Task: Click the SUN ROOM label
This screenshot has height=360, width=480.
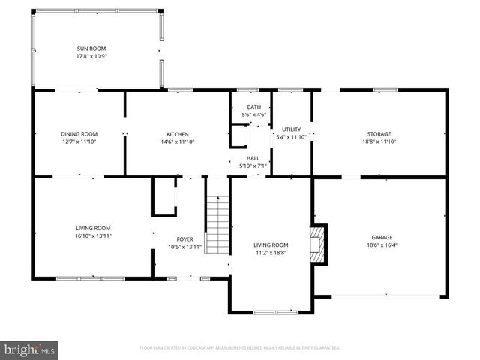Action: point(91,49)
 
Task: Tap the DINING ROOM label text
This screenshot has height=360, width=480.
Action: point(79,134)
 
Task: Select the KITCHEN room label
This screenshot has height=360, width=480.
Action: point(177,134)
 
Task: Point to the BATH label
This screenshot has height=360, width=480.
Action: point(254,107)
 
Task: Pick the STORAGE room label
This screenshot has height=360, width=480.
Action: point(379,134)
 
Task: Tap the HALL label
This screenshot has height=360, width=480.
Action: point(253,158)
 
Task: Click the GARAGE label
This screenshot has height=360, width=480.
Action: point(381,237)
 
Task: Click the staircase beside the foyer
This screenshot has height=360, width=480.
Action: point(217,224)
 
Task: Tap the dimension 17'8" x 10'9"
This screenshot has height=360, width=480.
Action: point(91,56)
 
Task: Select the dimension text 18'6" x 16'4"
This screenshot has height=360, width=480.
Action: point(381,244)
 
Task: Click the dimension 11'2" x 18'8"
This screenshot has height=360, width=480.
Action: point(270,253)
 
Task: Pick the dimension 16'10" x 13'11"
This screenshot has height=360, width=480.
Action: point(92,235)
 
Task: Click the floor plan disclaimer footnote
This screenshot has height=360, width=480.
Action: point(240,348)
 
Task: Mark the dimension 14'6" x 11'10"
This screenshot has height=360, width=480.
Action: point(177,142)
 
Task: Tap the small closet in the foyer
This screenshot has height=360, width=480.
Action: point(163,196)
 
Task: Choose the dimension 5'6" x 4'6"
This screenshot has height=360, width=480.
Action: point(254,115)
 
